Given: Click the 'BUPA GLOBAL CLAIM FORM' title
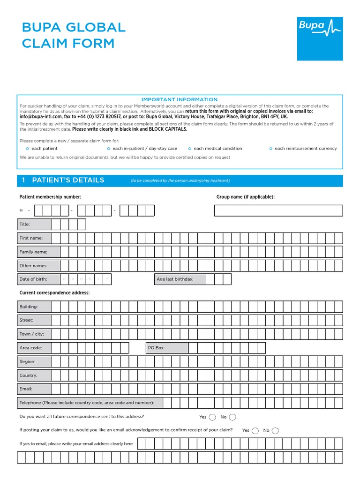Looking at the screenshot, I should coord(74,35).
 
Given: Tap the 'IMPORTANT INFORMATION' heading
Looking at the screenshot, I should coord(180,99).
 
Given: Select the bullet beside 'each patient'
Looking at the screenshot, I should coord(27,149).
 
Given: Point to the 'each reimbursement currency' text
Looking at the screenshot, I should coord(306,149).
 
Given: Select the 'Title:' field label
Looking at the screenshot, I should coord(25,225).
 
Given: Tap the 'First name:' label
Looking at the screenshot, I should coord(31,238).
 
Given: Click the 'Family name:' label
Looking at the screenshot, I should coord(33,252).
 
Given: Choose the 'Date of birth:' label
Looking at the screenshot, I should coord(33,279).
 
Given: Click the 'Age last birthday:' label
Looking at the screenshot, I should coord(175,279).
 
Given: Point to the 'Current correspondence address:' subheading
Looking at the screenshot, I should coord(54,293).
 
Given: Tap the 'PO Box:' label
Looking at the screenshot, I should coord(157,348).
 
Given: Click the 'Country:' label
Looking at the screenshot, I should coord(28,375).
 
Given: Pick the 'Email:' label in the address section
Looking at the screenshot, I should coord(26,389).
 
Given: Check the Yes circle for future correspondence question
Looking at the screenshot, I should coord(212,417).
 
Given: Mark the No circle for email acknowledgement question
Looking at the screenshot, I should coord(276,431).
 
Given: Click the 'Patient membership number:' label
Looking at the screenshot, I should coord(50,197).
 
